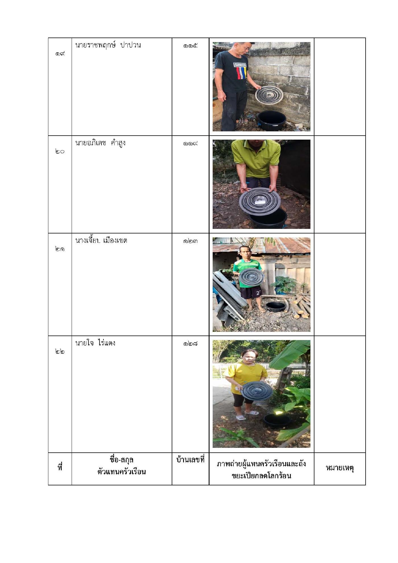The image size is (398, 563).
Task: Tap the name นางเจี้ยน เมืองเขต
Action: pyautogui.click(x=101, y=241)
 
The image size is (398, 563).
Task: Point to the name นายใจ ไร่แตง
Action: pyautogui.click(x=95, y=343)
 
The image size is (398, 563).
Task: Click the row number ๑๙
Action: pyautogui.click(x=60, y=53)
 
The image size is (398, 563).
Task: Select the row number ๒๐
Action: pyautogui.click(x=60, y=151)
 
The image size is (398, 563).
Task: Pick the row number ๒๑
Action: pyautogui.click(x=60, y=249)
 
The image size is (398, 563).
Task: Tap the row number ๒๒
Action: pyautogui.click(x=60, y=351)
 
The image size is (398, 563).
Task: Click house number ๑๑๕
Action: pyautogui.click(x=190, y=45)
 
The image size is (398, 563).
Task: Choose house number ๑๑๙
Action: pyautogui.click(x=190, y=143)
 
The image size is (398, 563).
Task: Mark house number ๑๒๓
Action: pyautogui.click(x=190, y=241)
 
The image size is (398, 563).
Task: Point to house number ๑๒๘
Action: pyautogui.click(x=190, y=343)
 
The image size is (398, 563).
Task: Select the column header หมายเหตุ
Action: pyautogui.click(x=340, y=468)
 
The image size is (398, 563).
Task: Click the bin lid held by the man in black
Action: pyautogui.click(x=269, y=94)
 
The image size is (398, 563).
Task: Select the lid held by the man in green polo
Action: pyautogui.click(x=260, y=201)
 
